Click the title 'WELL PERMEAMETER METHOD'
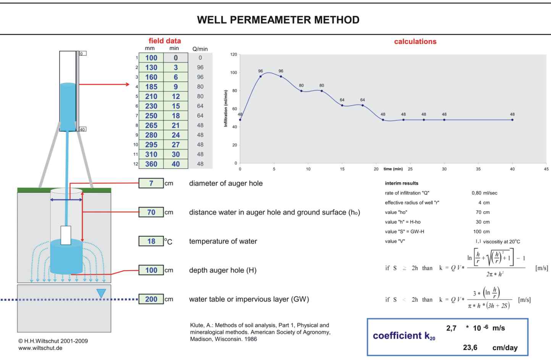(x=278, y=20)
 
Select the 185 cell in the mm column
(x=151, y=87)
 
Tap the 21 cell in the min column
(x=176, y=125)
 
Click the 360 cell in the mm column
(x=151, y=164)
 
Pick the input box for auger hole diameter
(x=151, y=183)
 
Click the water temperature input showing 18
(x=151, y=241)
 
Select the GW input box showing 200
(x=151, y=299)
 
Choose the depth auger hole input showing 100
(x=151, y=270)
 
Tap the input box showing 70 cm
(x=151, y=212)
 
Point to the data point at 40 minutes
(x=512, y=120)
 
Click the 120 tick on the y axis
(x=234, y=55)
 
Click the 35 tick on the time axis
(x=478, y=169)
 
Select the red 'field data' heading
(x=165, y=41)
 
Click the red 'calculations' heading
(x=415, y=42)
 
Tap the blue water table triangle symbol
(x=101, y=293)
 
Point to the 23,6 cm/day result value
(x=470, y=347)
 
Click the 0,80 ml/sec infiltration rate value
(x=484, y=193)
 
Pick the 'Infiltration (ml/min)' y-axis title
(x=226, y=109)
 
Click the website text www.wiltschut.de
(x=40, y=348)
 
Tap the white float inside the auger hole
(x=66, y=235)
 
